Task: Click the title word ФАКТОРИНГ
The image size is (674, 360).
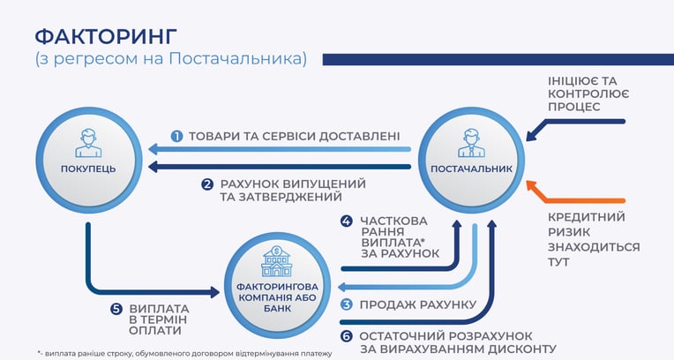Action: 106,36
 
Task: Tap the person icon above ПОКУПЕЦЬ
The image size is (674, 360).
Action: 88,144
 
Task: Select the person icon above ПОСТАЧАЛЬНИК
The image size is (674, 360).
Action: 472,144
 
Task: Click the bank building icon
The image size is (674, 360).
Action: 277,261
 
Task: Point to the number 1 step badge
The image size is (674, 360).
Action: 176,137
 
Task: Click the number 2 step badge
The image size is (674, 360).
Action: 207,184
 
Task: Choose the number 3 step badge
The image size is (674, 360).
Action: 347,305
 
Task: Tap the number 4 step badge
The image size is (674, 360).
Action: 347,221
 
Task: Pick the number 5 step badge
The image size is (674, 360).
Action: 116,309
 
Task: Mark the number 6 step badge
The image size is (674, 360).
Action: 347,336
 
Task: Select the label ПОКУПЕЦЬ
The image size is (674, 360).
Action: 88,169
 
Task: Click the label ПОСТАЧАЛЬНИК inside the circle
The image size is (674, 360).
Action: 472,169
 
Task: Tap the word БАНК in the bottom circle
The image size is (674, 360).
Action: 277,309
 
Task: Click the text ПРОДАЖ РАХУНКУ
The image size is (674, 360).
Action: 418,305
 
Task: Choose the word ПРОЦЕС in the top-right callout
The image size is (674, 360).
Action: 573,107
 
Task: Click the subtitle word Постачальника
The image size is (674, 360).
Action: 236,59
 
